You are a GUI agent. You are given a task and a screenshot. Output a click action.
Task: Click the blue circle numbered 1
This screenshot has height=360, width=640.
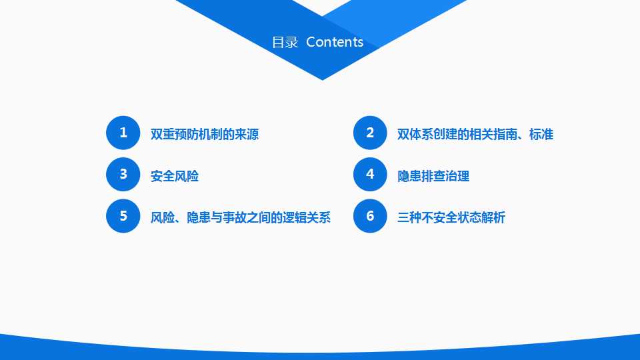click(x=123, y=133)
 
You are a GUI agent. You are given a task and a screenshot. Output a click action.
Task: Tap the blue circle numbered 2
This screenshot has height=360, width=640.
click(x=370, y=133)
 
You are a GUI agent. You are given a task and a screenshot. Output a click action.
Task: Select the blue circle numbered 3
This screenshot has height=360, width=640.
click(x=123, y=175)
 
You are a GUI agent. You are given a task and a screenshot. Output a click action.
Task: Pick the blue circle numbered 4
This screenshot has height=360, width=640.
click(x=370, y=175)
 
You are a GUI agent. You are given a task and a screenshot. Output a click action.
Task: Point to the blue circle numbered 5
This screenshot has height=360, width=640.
click(x=123, y=216)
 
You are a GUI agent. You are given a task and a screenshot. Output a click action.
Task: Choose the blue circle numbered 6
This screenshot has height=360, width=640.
click(x=370, y=216)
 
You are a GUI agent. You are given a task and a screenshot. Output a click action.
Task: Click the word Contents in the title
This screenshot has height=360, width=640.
click(x=335, y=42)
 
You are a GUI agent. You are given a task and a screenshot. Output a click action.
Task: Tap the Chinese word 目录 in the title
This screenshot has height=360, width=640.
click(x=285, y=43)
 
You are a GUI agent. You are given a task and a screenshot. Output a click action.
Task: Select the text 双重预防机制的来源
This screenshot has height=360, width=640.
click(x=205, y=135)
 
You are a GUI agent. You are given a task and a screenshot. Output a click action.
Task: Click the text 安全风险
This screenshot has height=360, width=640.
click(x=175, y=177)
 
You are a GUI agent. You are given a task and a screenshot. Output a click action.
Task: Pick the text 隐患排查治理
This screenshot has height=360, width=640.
click(x=433, y=177)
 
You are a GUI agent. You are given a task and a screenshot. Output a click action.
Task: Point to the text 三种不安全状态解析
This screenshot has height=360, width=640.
click(x=451, y=218)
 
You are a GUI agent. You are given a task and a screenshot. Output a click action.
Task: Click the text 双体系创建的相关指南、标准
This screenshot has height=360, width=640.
click(x=475, y=135)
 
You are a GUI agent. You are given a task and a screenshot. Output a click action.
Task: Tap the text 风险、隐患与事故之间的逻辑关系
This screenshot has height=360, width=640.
click(x=241, y=218)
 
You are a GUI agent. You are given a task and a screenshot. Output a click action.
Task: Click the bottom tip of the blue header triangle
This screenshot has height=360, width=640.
click(x=323, y=79)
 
